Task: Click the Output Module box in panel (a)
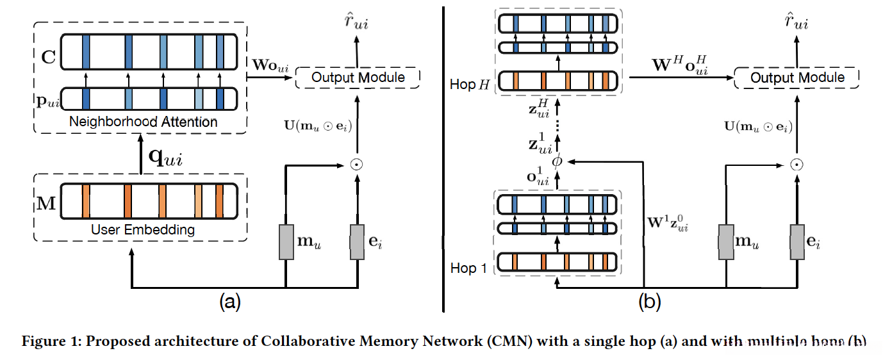[x=358, y=78]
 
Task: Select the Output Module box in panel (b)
[x=796, y=78]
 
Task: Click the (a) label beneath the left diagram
[x=230, y=300]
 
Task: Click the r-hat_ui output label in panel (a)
[x=356, y=23]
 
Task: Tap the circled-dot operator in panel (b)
[x=796, y=165]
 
